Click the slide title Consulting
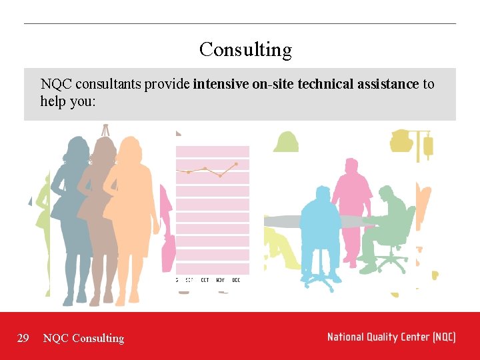pyautogui.click(x=245, y=50)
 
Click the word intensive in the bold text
pyautogui.click(x=221, y=84)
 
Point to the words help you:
pyautogui.click(x=68, y=102)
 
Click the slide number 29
pyautogui.click(x=23, y=338)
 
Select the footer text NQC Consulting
pyautogui.click(x=83, y=338)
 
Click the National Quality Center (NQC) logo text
pyautogui.click(x=391, y=337)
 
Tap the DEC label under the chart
pyautogui.click(x=235, y=280)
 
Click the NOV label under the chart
pyautogui.click(x=220, y=280)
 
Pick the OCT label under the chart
pyautogui.click(x=205, y=280)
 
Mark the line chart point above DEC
pyautogui.click(x=236, y=163)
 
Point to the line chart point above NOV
pyautogui.click(x=221, y=175)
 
